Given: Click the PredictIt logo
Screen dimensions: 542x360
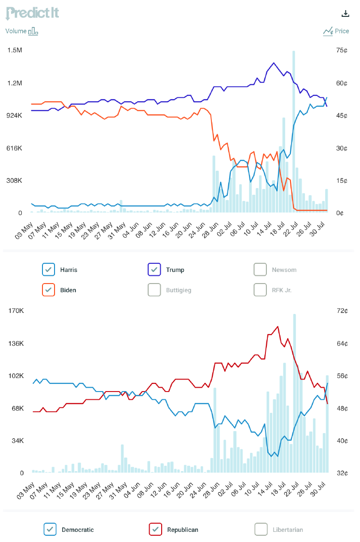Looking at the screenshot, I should pyautogui.click(x=32, y=13).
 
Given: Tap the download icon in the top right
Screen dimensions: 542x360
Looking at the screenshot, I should pyautogui.click(x=345, y=14).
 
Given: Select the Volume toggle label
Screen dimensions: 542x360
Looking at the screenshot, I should pyautogui.click(x=16, y=31).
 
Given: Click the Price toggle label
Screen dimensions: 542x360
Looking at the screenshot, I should pyautogui.click(x=342, y=31).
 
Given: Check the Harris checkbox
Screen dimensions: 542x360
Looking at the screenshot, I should pyautogui.click(x=49, y=270).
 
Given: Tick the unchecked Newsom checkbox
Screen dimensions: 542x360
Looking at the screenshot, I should pyautogui.click(x=261, y=270).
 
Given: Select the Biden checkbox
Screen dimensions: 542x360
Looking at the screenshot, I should pyautogui.click(x=49, y=290).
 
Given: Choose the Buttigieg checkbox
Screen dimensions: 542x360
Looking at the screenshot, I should pyautogui.click(x=154, y=290).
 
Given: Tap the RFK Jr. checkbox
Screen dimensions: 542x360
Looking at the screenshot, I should pyautogui.click(x=261, y=290).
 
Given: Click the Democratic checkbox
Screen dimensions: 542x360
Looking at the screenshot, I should pyautogui.click(x=50, y=529).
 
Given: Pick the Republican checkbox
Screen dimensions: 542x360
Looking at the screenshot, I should pyautogui.click(x=155, y=529).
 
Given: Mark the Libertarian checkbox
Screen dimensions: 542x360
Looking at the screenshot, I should pyautogui.click(x=261, y=529).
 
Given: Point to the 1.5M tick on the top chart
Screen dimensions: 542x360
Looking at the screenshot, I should pyautogui.click(x=14, y=51).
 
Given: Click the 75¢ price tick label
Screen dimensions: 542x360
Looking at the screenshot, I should pyautogui.click(x=342, y=51).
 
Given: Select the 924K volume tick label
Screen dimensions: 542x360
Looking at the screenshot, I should pyautogui.click(x=14, y=116).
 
